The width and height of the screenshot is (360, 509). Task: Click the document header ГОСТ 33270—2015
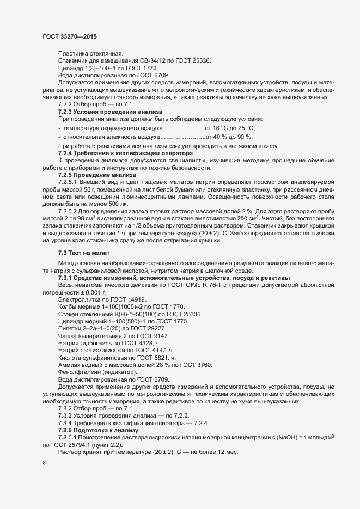pyautogui.click(x=70, y=36)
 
